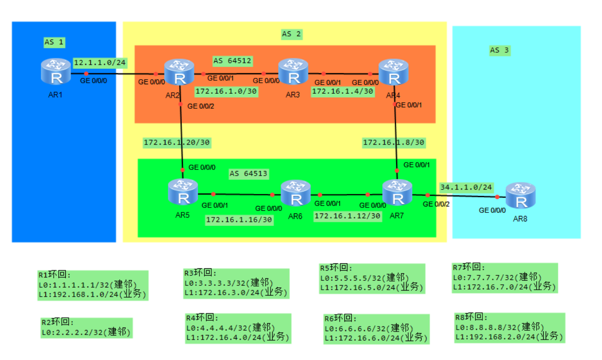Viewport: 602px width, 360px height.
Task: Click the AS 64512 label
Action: click(x=232, y=61)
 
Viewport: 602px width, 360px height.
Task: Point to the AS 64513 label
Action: click(x=248, y=174)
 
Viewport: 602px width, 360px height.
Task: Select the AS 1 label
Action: click(x=54, y=42)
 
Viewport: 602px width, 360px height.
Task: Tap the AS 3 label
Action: click(x=499, y=50)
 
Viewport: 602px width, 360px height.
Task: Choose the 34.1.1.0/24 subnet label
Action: click(x=466, y=187)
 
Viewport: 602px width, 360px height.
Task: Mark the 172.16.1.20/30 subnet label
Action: click(x=176, y=143)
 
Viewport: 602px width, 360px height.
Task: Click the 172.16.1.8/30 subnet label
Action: click(x=393, y=143)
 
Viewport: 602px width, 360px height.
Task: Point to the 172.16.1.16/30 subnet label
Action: click(x=239, y=219)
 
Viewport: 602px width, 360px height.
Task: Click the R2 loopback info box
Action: click(x=86, y=328)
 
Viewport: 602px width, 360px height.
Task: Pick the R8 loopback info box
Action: click(x=509, y=328)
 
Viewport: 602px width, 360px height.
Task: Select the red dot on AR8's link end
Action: click(x=497, y=196)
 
